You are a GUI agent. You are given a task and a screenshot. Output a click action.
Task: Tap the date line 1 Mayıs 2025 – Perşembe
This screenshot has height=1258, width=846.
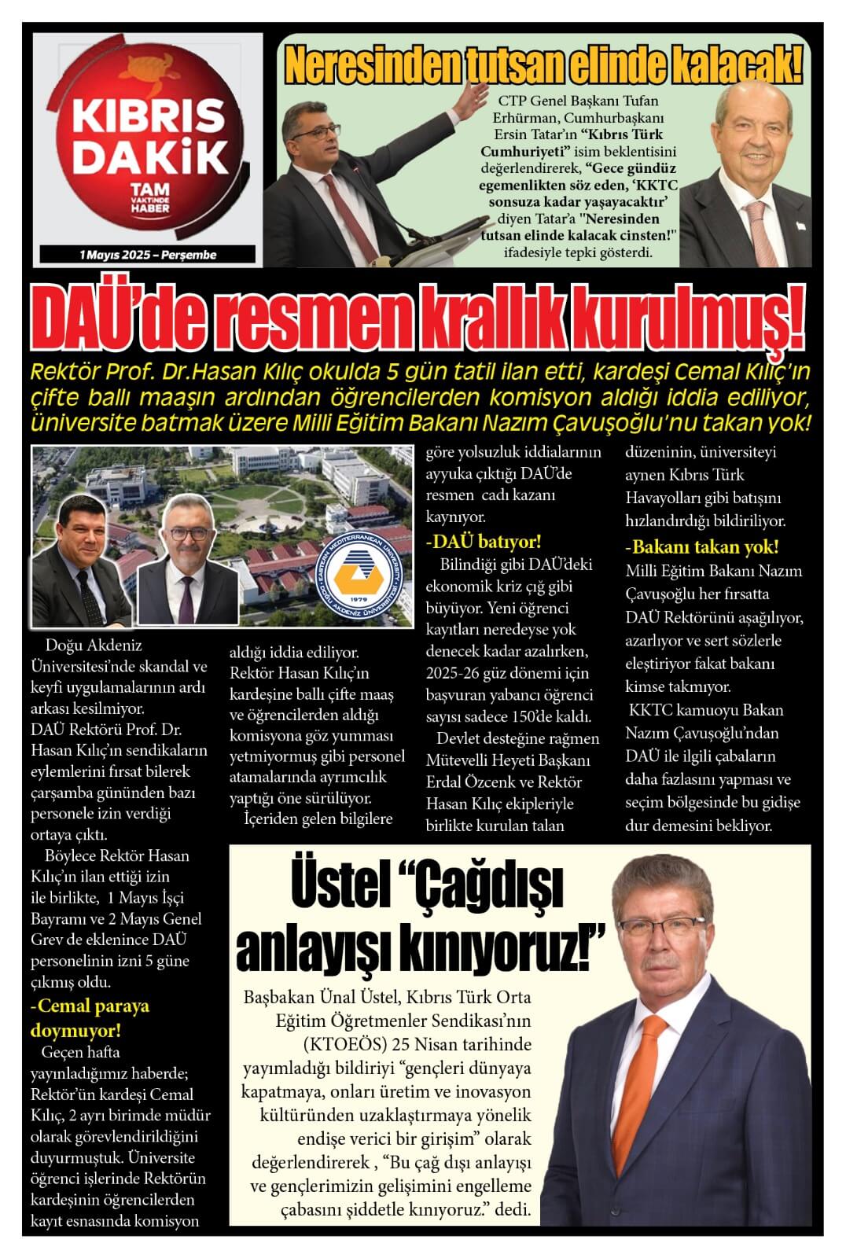point(147,255)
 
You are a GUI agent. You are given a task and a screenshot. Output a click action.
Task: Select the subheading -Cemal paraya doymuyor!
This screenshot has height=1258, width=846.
point(90,1017)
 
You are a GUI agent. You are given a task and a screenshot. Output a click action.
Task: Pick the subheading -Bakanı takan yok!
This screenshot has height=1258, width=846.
point(701,546)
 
